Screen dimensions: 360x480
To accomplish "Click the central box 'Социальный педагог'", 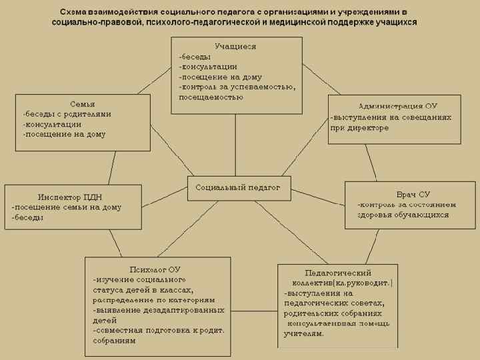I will (x=237, y=189).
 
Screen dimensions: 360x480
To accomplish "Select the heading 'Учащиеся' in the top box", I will (x=235, y=47).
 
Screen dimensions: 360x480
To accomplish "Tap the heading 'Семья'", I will (x=82, y=104).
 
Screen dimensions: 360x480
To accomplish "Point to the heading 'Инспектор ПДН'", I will (x=69, y=197).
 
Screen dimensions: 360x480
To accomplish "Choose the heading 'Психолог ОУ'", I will (x=155, y=269).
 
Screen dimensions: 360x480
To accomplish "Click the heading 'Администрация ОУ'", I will (x=397, y=106).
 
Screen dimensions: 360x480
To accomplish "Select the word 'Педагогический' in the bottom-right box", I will (x=337, y=273).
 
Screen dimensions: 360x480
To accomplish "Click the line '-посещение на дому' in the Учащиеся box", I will (x=220, y=77).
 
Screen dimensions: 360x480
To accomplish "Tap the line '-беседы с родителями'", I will (x=67, y=114).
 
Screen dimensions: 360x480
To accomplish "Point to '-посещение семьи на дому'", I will (x=67, y=207).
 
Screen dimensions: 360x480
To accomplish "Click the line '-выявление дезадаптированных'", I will (x=158, y=310).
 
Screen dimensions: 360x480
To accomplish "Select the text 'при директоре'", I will (x=359, y=127).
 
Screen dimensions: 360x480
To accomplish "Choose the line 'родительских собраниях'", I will (x=333, y=313).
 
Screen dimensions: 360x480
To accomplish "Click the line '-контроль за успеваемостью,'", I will (x=237, y=87).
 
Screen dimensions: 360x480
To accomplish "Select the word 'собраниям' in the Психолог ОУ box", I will (x=115, y=341).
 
